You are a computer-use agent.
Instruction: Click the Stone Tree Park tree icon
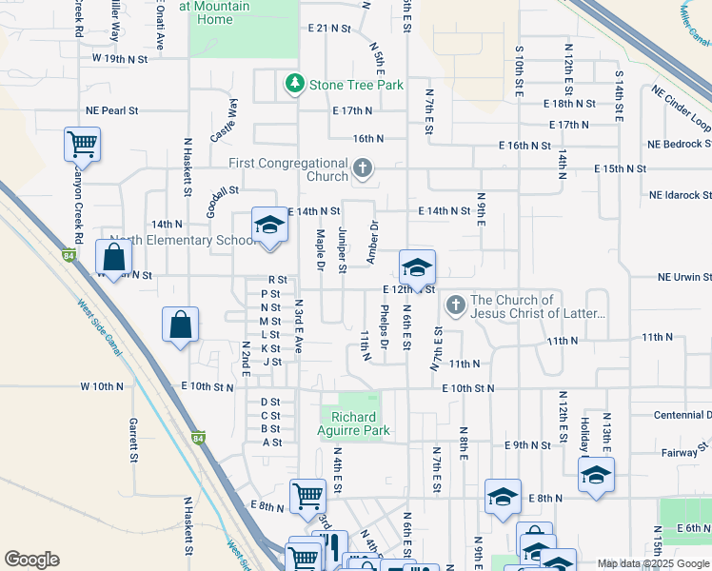pyautogui.click(x=295, y=85)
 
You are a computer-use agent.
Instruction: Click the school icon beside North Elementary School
pyautogui.click(x=269, y=226)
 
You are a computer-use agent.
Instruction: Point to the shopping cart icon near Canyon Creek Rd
pyautogui.click(x=82, y=145)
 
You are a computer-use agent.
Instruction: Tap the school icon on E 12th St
pyautogui.click(x=417, y=267)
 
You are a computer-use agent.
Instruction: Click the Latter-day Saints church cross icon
pyautogui.click(x=455, y=305)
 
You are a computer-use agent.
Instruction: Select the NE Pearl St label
pyautogui.click(x=111, y=111)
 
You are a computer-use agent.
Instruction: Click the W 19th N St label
pyautogui.click(x=120, y=59)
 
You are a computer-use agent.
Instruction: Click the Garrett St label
pyautogui.click(x=134, y=438)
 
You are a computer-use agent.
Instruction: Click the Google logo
pyautogui.click(x=31, y=560)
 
